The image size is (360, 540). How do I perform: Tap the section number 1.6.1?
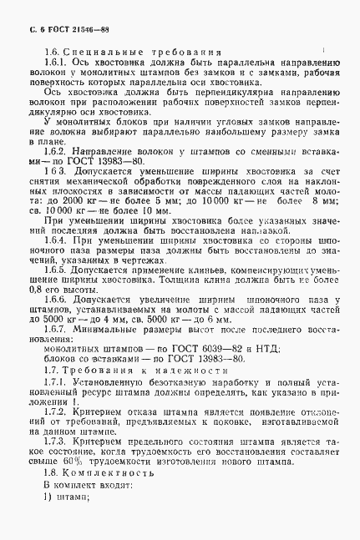(55, 63)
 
